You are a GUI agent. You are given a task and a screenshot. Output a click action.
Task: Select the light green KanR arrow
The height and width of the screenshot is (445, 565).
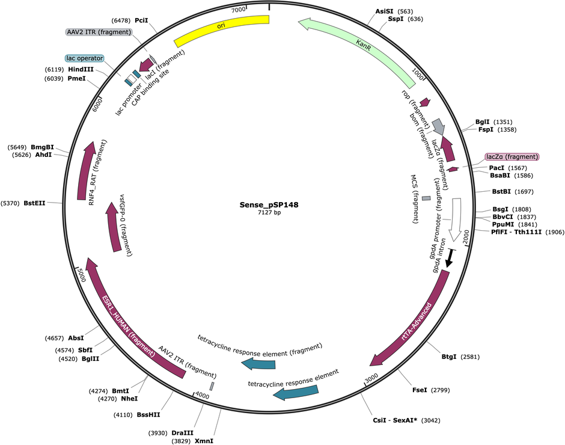(364, 47)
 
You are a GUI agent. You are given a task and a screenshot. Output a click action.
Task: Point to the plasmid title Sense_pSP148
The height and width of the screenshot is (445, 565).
(269, 205)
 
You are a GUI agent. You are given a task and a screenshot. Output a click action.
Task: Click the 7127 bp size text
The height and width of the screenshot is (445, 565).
(269, 212)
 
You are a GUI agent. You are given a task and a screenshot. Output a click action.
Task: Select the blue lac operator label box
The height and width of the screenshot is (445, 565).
(85, 58)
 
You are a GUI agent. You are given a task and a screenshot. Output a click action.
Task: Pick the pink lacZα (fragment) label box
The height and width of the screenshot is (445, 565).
(512, 157)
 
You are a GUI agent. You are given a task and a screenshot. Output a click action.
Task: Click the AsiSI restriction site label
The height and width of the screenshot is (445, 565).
(384, 11)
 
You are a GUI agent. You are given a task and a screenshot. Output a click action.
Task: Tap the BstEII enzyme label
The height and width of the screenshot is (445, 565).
(35, 203)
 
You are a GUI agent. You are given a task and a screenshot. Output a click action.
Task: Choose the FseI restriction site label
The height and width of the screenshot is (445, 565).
(420, 390)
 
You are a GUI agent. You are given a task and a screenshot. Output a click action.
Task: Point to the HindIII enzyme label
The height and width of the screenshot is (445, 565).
(81, 69)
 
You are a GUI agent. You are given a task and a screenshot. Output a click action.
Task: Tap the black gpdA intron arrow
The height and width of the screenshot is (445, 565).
(450, 258)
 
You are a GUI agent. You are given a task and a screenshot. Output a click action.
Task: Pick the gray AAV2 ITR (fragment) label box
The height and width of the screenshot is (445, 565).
(99, 32)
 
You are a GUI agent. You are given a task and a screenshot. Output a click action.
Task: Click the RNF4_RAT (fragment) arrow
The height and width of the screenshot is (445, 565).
(86, 170)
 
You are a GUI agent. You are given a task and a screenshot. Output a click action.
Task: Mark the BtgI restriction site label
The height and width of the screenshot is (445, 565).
(449, 357)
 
